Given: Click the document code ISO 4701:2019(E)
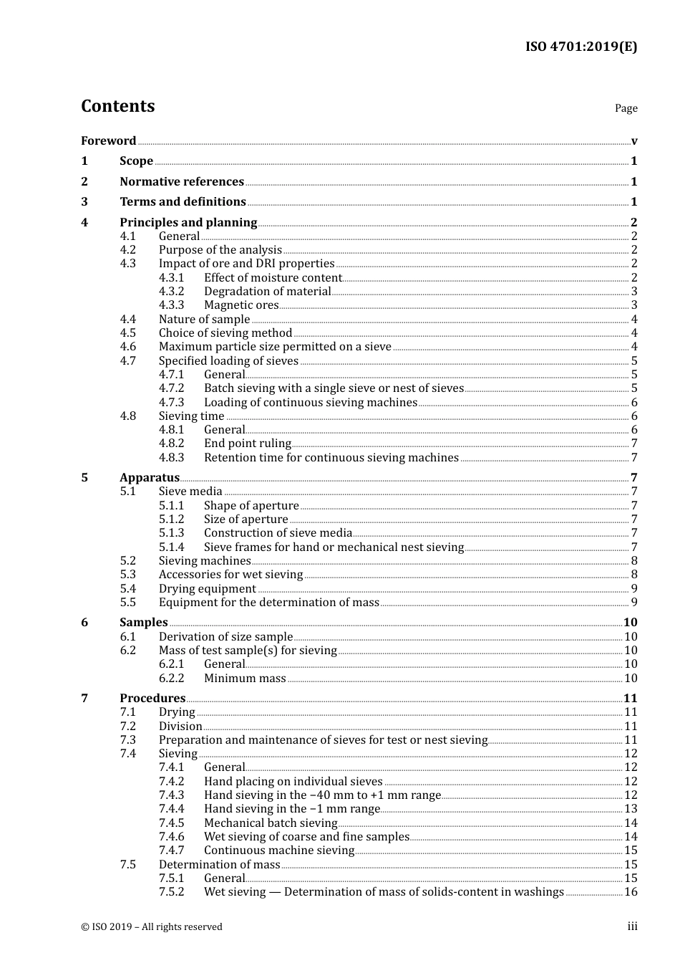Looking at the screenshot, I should pyautogui.click(x=581, y=47).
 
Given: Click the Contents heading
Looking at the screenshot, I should pyautogui.click(x=117, y=106).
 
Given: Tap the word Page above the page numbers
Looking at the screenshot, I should pyautogui.click(x=626, y=108).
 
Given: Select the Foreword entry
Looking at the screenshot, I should pyautogui.click(x=108, y=140).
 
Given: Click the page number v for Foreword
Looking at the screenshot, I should pyautogui.click(x=634, y=141).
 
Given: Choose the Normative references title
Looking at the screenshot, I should pyautogui.click(x=182, y=181).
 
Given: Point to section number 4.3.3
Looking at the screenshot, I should pyautogui.click(x=172, y=305).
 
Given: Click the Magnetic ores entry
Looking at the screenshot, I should pyautogui.click(x=241, y=305).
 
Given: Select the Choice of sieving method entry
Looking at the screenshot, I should pyautogui.click(x=225, y=332).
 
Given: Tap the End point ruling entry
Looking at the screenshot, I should pyautogui.click(x=248, y=444).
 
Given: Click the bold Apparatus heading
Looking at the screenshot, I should pyautogui.click(x=150, y=477).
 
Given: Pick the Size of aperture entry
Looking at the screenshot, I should pyautogui.click(x=246, y=519).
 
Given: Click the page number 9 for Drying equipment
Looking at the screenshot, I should pyautogui.click(x=634, y=589).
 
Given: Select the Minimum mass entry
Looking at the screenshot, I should pyautogui.click(x=245, y=678).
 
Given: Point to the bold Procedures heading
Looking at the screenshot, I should pyautogui.click(x=152, y=698).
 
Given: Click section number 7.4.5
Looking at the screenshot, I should pyautogui.click(x=172, y=823).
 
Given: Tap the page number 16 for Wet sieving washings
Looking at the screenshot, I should pyautogui.click(x=631, y=892).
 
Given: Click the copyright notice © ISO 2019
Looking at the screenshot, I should pyautogui.click(x=152, y=926).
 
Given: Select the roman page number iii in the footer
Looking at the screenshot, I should pyautogui.click(x=632, y=926).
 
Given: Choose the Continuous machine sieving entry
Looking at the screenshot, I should pyautogui.click(x=279, y=851).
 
